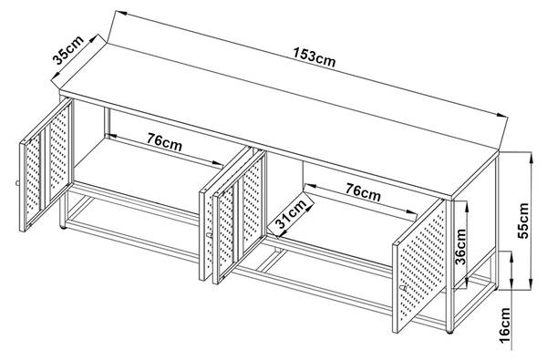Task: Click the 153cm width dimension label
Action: [x=314, y=57]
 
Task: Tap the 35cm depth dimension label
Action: [x=68, y=50]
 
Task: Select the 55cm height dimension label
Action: [x=523, y=221]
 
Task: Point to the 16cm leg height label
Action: [x=504, y=325]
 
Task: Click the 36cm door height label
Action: [x=460, y=247]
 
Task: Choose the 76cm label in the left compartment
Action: [x=164, y=142]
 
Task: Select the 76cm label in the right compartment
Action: [x=363, y=192]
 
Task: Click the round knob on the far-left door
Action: [x=16, y=183]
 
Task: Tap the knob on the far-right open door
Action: [x=403, y=288]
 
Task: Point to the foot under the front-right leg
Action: [x=449, y=332]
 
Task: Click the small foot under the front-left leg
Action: [x=63, y=228]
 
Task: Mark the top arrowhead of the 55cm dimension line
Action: [x=531, y=158]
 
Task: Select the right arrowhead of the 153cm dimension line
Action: [x=501, y=115]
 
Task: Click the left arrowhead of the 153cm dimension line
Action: [x=120, y=14]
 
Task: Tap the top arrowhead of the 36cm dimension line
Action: [x=467, y=207]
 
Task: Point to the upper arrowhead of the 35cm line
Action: [x=95, y=37]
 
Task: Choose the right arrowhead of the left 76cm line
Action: [x=217, y=162]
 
